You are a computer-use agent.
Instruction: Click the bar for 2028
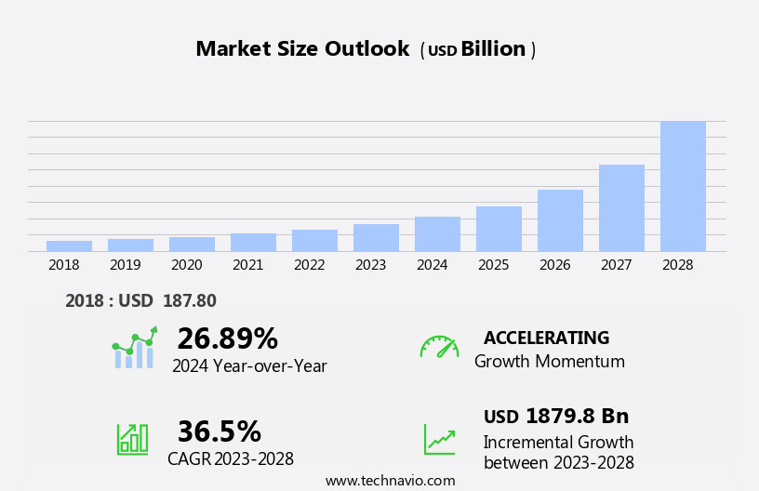click(683, 186)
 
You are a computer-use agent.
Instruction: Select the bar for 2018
click(69, 246)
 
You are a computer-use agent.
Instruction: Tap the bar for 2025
click(499, 229)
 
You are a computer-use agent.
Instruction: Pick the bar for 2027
click(621, 207)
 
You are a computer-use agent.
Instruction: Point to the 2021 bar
click(253, 243)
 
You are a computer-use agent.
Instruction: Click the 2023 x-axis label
click(370, 265)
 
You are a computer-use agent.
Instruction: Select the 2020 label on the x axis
click(186, 265)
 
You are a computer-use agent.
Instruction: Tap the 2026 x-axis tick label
click(554, 265)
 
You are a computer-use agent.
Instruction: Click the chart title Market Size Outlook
click(302, 49)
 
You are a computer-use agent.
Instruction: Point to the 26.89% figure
click(227, 338)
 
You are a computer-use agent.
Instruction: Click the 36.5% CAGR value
click(219, 431)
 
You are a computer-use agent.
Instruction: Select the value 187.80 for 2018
click(189, 301)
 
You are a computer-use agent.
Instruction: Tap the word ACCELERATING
click(546, 338)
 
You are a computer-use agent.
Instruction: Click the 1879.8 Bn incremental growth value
click(577, 416)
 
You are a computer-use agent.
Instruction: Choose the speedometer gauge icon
click(439, 347)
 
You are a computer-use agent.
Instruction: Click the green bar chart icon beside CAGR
click(132, 438)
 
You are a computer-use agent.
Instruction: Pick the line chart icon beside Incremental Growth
click(439, 439)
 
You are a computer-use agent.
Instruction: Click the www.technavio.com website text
click(390, 481)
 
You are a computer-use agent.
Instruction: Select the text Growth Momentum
click(549, 362)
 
